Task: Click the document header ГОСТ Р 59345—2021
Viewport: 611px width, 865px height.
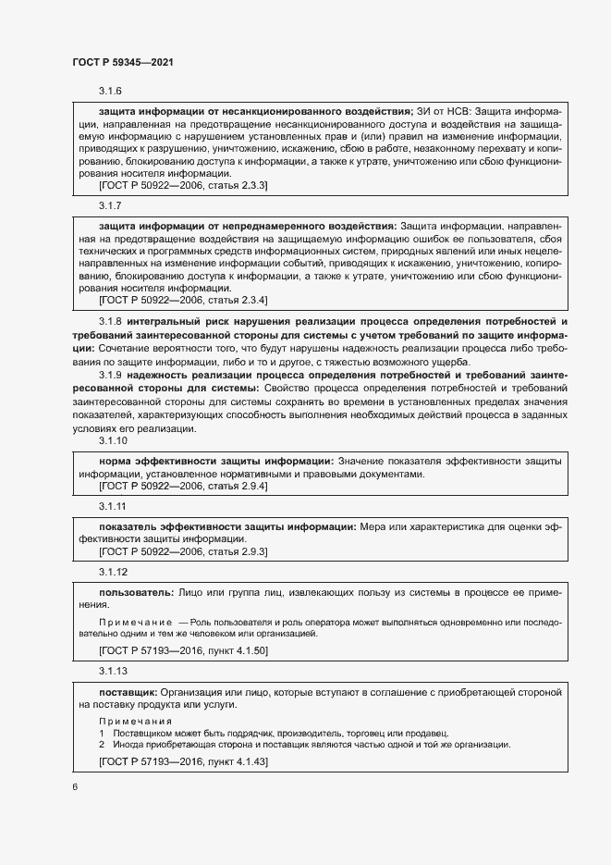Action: pyautogui.click(x=122, y=62)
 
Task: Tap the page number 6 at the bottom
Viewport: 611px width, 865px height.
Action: pyautogui.click(x=75, y=786)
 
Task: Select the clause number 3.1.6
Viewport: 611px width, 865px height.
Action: pyautogui.click(x=111, y=91)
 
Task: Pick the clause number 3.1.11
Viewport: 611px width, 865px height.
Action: pyautogui.click(x=114, y=506)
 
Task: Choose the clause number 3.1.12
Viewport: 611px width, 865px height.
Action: pyautogui.click(x=114, y=573)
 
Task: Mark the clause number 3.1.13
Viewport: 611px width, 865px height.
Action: pyautogui.click(x=114, y=670)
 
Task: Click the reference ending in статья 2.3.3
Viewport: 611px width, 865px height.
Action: pyautogui.click(x=183, y=186)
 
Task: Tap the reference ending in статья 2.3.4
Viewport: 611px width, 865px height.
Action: pyautogui.click(x=183, y=300)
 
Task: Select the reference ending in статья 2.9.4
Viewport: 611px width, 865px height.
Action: pyautogui.click(x=183, y=486)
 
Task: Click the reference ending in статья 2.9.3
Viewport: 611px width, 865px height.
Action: pyautogui.click(x=183, y=552)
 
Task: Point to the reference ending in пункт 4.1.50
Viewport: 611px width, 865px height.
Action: pyautogui.click(x=183, y=650)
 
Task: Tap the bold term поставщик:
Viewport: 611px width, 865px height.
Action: pyautogui.click(x=128, y=691)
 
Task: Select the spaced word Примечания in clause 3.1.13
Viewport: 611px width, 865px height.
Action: pyautogui.click(x=135, y=720)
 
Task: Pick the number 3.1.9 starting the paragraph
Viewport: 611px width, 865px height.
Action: pyautogui.click(x=111, y=375)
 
